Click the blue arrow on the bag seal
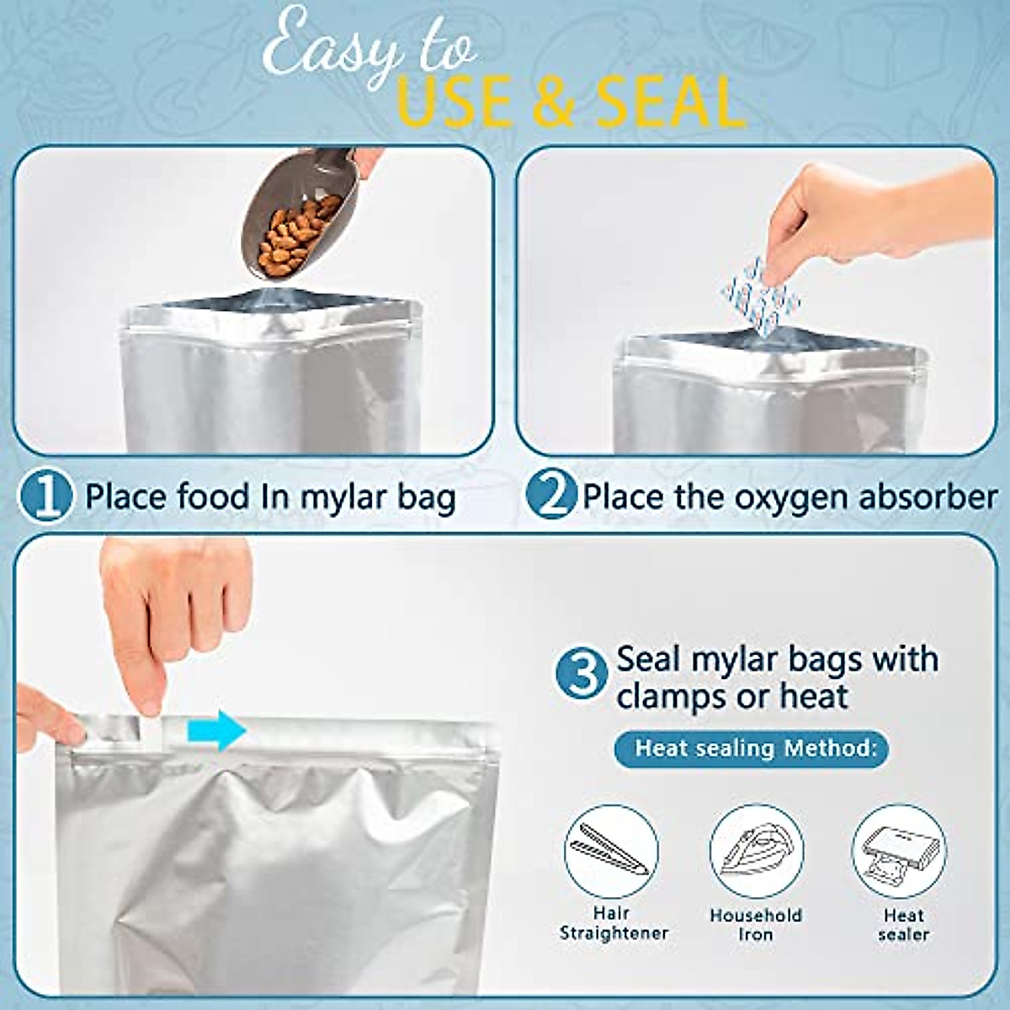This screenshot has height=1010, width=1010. click(215, 729)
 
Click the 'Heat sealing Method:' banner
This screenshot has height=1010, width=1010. click(752, 747)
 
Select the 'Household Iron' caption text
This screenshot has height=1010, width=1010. click(756, 924)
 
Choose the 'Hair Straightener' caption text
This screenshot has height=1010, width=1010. click(613, 923)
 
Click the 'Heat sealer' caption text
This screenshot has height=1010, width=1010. click(903, 924)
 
